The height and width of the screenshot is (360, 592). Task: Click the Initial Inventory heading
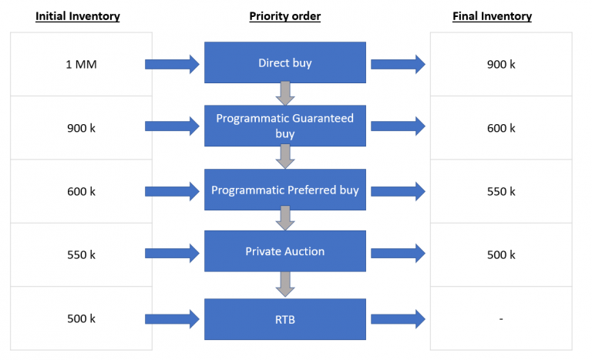coord(77,16)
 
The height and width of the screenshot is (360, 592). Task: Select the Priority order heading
coord(284,16)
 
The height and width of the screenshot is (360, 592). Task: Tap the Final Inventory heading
coord(492,16)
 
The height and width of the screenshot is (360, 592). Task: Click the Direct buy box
coord(284,63)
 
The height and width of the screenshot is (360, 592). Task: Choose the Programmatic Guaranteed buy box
coord(284,126)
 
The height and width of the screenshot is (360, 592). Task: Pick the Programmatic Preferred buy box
coord(284,190)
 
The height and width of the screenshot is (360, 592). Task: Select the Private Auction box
coord(284,251)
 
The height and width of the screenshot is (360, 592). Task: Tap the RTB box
coord(284,318)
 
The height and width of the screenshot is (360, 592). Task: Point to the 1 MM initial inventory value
coord(81,64)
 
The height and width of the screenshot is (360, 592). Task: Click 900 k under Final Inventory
coord(501,64)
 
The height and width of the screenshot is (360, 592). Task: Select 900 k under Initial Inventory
coord(81,128)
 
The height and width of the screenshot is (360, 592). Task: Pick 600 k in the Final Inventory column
coord(501,128)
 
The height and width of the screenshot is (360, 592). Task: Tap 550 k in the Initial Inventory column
coord(81,254)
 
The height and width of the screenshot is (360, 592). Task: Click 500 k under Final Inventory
coord(501,254)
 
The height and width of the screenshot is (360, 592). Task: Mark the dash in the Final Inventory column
coord(501,318)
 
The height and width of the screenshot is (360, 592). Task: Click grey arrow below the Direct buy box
coord(285,94)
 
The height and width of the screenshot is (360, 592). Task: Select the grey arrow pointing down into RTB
coord(285,285)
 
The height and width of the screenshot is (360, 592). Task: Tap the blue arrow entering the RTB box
coord(172,318)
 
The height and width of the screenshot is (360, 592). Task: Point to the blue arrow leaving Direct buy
coord(398,64)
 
